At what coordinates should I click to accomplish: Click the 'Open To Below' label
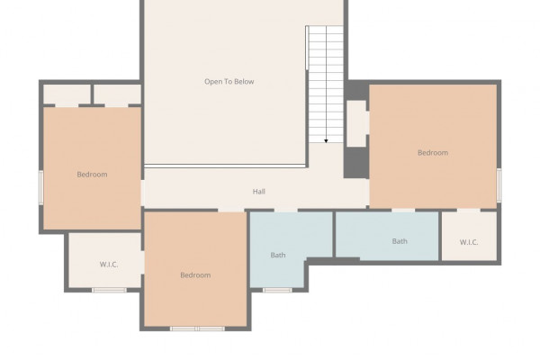[x=229, y=82]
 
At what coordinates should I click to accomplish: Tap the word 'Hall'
[x=258, y=192]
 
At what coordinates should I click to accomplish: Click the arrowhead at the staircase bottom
[x=326, y=141]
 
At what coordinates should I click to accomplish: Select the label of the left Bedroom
[x=92, y=175]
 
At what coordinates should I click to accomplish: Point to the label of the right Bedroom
[x=433, y=153]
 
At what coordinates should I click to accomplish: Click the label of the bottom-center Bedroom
[x=195, y=274]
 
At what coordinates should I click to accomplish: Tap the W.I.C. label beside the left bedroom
[x=109, y=265]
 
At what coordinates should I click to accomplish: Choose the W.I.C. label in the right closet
[x=469, y=242]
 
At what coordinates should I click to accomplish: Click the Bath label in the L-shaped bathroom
[x=278, y=255]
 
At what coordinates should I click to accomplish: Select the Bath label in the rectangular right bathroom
[x=400, y=241]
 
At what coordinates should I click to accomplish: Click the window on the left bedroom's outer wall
[x=41, y=187]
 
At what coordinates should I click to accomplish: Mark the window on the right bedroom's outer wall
[x=499, y=185]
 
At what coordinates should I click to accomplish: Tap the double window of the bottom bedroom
[x=197, y=328]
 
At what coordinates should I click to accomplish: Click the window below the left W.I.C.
[x=109, y=290]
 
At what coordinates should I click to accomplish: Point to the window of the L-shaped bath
[x=277, y=290]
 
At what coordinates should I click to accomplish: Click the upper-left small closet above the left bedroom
[x=67, y=94]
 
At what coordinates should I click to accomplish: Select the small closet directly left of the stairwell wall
[x=117, y=94]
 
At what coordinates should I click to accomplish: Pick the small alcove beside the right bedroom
[x=356, y=123]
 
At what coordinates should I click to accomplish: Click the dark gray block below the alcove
[x=356, y=163]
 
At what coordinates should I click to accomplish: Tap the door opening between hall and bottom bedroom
[x=231, y=210]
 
